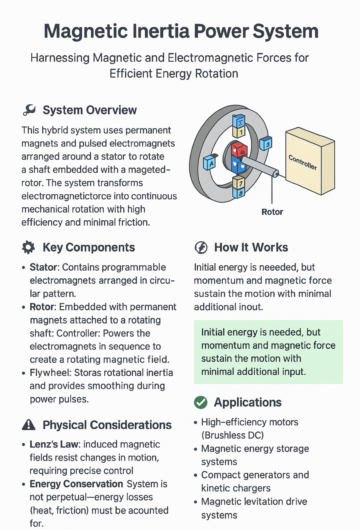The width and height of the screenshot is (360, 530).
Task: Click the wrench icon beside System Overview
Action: tap(29, 110)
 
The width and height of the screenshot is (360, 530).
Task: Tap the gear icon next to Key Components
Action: tap(28, 247)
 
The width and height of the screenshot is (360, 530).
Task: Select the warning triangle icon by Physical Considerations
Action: tap(29, 425)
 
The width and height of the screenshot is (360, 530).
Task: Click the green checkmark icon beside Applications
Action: tap(201, 402)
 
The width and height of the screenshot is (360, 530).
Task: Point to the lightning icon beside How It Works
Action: tap(201, 247)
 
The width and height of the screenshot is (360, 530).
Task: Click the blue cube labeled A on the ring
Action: tap(210, 163)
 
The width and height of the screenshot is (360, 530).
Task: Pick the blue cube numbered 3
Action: tap(266, 143)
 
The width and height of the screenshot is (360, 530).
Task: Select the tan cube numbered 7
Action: tap(239, 183)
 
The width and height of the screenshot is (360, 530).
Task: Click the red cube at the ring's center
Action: tap(239, 150)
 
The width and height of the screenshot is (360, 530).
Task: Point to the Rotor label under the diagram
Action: tap(272, 212)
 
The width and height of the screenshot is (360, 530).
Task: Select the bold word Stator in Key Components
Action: tap(43, 267)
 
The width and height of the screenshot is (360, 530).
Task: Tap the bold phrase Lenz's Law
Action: tap(54, 445)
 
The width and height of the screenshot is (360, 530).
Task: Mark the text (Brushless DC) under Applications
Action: tap(232, 435)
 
